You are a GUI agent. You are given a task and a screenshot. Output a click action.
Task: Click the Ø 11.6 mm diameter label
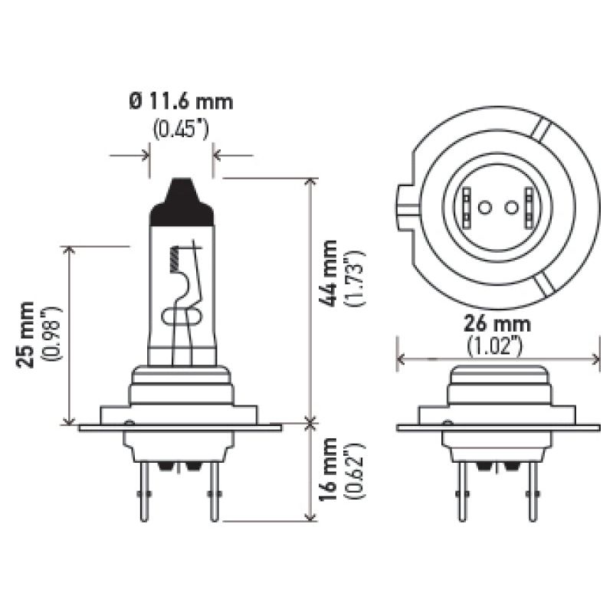(x=182, y=101)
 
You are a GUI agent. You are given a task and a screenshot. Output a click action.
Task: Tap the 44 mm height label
(x=329, y=274)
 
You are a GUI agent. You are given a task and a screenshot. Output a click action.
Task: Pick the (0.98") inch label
(x=52, y=334)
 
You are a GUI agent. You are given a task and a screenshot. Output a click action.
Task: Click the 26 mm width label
(x=497, y=324)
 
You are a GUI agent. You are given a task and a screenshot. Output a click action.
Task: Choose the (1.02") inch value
(x=497, y=346)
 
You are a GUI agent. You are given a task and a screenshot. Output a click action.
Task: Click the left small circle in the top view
(x=484, y=208)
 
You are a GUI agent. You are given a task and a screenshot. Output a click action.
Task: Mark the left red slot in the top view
(x=466, y=208)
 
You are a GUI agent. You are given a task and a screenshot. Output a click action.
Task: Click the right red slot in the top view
(x=528, y=208)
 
